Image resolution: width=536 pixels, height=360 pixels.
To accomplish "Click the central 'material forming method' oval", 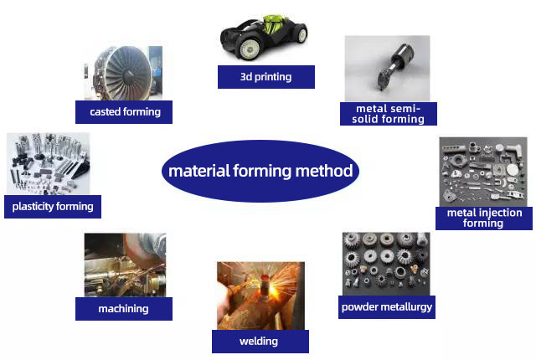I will [x=260, y=172].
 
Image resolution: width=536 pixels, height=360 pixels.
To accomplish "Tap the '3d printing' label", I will [x=265, y=77].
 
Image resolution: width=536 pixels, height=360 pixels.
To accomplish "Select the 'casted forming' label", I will [x=124, y=111].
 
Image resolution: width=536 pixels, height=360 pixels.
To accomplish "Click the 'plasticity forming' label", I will [x=52, y=206].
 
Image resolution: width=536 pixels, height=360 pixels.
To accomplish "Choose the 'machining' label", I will [x=123, y=308].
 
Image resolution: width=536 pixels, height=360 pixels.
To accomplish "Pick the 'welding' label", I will [x=260, y=341].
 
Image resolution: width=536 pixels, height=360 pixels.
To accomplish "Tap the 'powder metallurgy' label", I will [x=387, y=306].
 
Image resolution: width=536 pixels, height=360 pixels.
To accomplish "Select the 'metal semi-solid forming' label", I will [x=388, y=113].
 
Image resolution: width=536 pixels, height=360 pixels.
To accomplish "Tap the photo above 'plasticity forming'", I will [x=47, y=164].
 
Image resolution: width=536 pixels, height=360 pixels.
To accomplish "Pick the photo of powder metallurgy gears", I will [x=385, y=263].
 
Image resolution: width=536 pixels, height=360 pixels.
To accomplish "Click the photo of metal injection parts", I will [x=483, y=172].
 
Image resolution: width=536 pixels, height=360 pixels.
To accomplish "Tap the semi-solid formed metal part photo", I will [x=386, y=68].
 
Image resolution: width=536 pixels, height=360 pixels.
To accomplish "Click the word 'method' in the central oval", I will [x=323, y=172].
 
